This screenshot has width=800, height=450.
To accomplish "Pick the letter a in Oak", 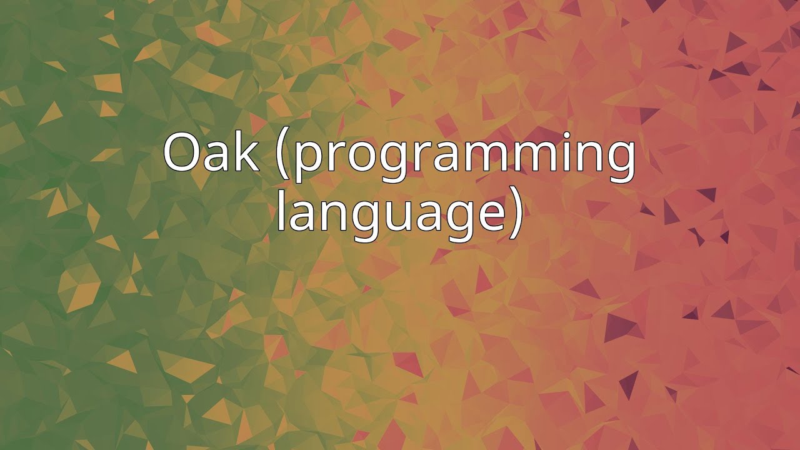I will pyautogui.click(x=218, y=157).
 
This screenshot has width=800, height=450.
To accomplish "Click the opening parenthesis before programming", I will pyautogui.click(x=282, y=156).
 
